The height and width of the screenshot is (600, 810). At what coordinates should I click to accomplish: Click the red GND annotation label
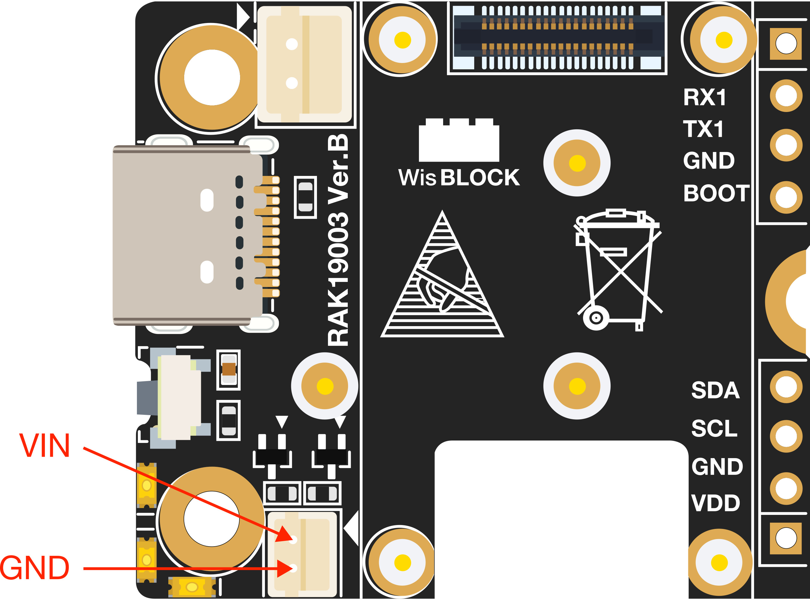click(35, 568)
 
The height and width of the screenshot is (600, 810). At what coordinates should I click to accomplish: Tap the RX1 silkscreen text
click(704, 97)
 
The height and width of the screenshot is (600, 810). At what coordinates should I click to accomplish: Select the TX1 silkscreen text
click(704, 129)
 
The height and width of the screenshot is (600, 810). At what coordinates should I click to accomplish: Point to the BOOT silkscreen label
click(716, 193)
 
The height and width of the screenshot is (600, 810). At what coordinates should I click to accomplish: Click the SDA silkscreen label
click(715, 390)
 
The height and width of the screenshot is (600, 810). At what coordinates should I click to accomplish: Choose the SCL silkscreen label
click(714, 429)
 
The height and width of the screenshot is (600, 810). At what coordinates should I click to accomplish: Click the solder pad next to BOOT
click(786, 197)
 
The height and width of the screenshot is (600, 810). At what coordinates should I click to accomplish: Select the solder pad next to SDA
click(786, 387)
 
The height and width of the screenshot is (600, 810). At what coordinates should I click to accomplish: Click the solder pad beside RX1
click(786, 96)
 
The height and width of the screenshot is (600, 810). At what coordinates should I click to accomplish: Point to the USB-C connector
click(187, 235)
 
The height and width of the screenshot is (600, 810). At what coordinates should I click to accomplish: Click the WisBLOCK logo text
click(459, 178)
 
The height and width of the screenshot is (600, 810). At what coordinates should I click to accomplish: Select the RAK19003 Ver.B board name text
click(338, 240)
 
